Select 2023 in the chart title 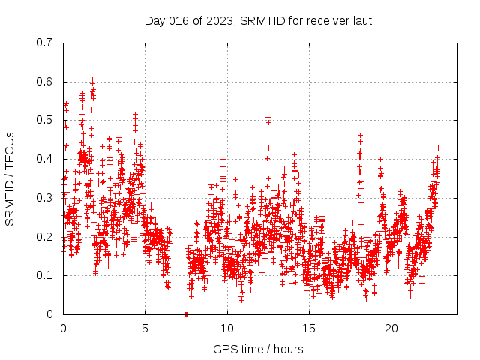pos(220,20)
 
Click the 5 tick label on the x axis pos(145,328)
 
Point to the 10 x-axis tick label pos(227,328)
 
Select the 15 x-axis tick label pos(309,328)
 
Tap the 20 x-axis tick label pos(391,328)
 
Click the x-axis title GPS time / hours pos(259,349)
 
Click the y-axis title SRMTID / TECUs pos(10,178)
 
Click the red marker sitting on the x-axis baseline pos(187,313)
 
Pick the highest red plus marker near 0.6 pos(92,80)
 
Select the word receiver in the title pos(324,20)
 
